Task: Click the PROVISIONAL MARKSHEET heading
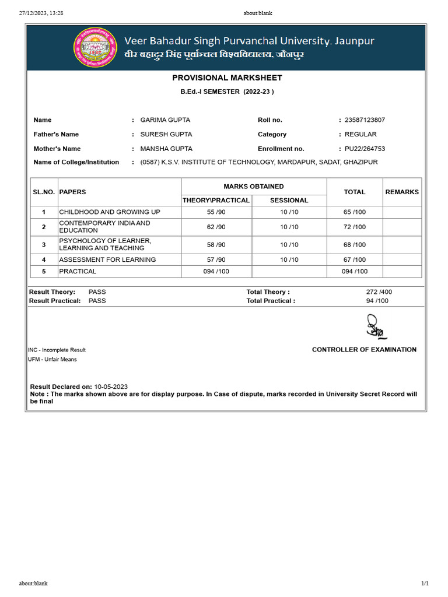pos(227,78)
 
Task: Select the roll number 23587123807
pos(365,120)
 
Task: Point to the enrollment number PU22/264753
pos(365,149)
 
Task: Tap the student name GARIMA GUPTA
pos(165,120)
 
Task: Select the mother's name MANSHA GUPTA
pos(166,149)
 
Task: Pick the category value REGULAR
pos(360,134)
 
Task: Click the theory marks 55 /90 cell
pos(216,212)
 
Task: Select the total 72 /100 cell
pos(355,227)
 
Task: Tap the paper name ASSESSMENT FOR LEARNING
pos(107,259)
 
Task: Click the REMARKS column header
pos(402,192)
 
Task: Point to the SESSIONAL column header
pos(289,200)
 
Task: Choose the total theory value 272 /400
pos(377,292)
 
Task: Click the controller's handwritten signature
pos(375,327)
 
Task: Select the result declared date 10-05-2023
pos(111,387)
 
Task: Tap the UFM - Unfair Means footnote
pos(52,359)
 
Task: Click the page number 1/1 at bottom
pos(425,583)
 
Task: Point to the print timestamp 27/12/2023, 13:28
pos(41,13)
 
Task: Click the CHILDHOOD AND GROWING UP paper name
pos(110,212)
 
